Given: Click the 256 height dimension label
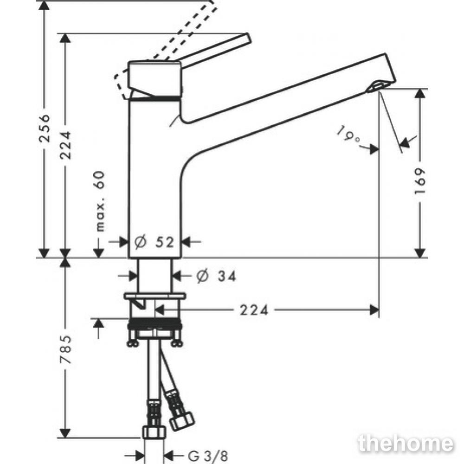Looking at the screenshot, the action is pyautogui.click(x=45, y=128).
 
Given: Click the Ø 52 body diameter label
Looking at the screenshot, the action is pyautogui.click(x=154, y=242).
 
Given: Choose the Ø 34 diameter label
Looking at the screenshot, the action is pyautogui.click(x=217, y=276).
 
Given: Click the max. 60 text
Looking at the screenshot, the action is pyautogui.click(x=100, y=201).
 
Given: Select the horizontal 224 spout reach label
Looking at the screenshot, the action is pyautogui.click(x=254, y=310).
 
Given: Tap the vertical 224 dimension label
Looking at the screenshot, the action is pyautogui.click(x=66, y=146).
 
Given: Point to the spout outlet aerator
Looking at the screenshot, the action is pyautogui.click(x=376, y=87).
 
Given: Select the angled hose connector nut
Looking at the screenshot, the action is pyautogui.click(x=182, y=421).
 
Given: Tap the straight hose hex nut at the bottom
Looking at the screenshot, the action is pyautogui.click(x=154, y=432).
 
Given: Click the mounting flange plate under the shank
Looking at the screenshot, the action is pyautogui.click(x=155, y=296).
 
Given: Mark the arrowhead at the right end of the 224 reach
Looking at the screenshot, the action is pyautogui.click(x=374, y=310).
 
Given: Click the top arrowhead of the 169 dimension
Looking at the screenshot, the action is pyautogui.click(x=419, y=94).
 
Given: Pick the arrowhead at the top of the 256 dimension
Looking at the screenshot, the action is pyautogui.click(x=45, y=5).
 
